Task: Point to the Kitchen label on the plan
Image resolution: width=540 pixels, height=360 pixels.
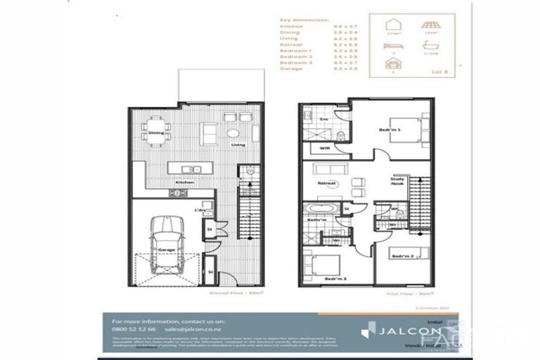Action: coord(185,182)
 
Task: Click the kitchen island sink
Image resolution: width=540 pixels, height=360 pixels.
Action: coord(188,169)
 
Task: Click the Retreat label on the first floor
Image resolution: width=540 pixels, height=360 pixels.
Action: coord(326,184)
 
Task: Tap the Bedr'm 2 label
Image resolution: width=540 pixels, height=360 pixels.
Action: coord(402,256)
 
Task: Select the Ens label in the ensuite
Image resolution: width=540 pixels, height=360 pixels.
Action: coord(324,120)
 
